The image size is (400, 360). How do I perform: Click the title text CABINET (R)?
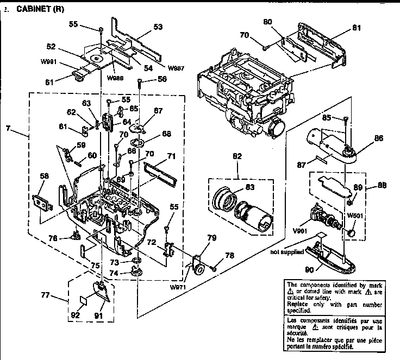(37, 9)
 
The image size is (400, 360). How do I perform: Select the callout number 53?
(159, 26)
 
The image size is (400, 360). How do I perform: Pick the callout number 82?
(237, 156)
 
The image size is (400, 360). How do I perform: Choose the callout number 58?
(44, 176)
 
